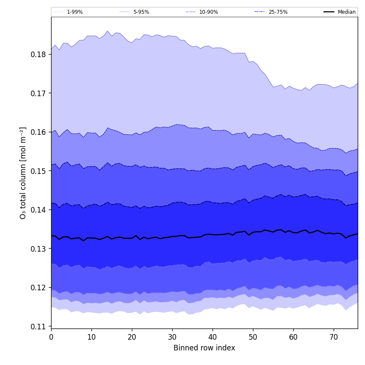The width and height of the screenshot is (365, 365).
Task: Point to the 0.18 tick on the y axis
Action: tap(39, 55)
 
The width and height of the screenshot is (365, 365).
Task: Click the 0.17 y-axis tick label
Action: tap(39, 93)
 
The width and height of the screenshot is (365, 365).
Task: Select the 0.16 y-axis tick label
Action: tap(39, 132)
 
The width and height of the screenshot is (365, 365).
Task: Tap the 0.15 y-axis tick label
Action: tap(39, 171)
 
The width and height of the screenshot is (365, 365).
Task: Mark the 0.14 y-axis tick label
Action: tap(39, 210)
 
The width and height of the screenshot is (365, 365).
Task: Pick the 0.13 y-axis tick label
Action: tap(39, 249)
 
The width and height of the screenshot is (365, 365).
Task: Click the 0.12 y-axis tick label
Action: tap(39, 288)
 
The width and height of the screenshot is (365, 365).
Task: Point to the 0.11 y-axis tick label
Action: tap(39, 326)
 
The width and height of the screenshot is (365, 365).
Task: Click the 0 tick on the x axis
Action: tap(51, 337)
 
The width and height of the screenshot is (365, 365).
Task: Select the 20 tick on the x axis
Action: tap(132, 337)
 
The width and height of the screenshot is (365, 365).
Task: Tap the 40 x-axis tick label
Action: tap(213, 337)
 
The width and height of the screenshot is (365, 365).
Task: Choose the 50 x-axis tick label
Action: tap(253, 337)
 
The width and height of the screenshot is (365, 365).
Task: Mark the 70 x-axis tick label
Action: tap(334, 337)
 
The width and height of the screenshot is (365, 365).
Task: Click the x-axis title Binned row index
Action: tap(204, 348)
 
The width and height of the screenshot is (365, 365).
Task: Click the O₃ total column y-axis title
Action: tap(23, 173)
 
